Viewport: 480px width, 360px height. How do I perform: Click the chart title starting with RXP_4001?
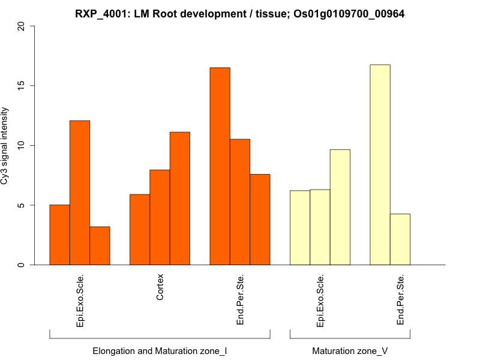click(239, 14)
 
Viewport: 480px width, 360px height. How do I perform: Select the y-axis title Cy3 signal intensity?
click(5, 146)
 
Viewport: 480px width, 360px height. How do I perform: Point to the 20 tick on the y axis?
click(22, 26)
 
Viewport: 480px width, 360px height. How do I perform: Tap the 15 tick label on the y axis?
click(22, 86)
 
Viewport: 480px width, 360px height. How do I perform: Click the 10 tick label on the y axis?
click(22, 146)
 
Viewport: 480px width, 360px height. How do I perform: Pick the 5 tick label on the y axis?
click(22, 205)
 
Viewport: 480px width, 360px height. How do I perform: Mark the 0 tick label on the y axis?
click(22, 265)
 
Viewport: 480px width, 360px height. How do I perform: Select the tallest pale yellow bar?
click(380, 164)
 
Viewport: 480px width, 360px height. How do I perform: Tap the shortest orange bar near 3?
click(100, 245)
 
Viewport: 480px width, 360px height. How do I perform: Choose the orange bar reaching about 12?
click(80, 193)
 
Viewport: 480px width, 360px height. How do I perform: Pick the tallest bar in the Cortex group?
click(180, 198)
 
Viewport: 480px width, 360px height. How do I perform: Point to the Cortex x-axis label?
click(160, 287)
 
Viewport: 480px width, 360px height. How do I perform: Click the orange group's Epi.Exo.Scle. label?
click(80, 301)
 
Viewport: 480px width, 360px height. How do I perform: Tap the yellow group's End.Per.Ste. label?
click(401, 300)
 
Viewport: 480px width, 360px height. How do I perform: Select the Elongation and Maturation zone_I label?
click(160, 350)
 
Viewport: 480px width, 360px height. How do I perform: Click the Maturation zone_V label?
click(350, 350)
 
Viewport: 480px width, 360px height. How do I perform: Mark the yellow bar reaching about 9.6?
click(340, 207)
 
